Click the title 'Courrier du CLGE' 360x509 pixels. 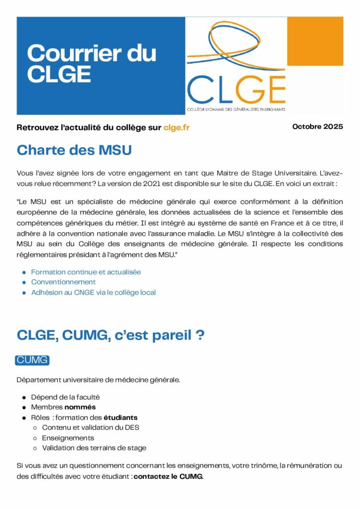point(91,64)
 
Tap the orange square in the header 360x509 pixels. point(315,41)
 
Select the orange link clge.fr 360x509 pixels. point(177,127)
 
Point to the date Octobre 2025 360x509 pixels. point(317,126)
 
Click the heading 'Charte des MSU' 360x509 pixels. point(74,150)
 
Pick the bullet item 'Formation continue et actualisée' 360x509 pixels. point(86,272)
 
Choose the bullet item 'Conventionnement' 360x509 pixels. point(63,282)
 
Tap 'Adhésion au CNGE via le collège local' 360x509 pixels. point(93,292)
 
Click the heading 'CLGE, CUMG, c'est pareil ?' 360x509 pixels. point(110,335)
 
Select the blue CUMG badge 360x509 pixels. point(32,360)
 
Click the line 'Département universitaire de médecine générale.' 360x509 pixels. point(98,380)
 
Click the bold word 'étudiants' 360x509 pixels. point(120,418)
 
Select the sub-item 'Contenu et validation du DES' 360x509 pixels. point(90,427)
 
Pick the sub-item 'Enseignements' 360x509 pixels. point(68,438)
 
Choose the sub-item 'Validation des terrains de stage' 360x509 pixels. point(94,448)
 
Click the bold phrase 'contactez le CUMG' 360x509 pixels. point(168,477)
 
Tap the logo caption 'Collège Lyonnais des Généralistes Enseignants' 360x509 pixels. point(236,109)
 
